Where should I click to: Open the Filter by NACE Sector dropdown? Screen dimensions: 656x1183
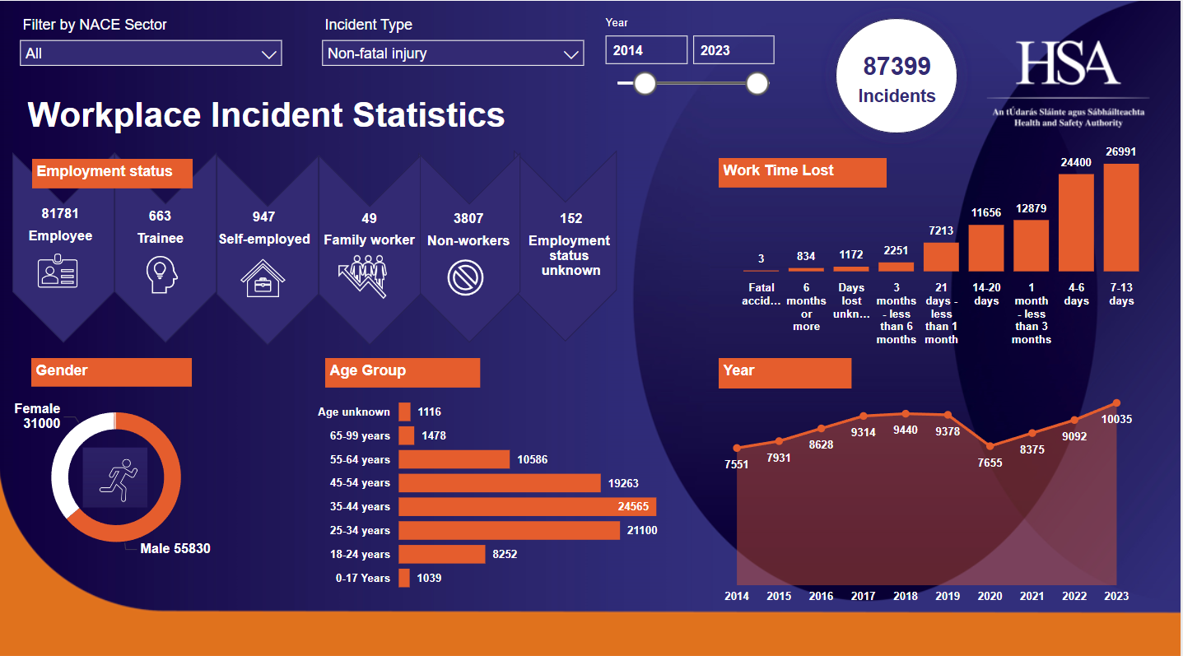[x=151, y=54]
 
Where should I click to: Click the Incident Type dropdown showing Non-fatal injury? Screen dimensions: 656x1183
[x=453, y=54]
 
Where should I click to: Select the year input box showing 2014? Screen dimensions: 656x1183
[x=646, y=50]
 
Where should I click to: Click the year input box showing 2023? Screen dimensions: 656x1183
[x=733, y=50]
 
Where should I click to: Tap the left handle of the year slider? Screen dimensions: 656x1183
[x=645, y=83]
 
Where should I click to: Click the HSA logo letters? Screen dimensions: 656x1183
[x=1068, y=63]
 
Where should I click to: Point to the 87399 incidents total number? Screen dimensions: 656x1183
[x=897, y=67]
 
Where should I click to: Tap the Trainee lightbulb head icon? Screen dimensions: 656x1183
[x=161, y=274]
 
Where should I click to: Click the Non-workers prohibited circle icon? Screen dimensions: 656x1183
[x=465, y=277]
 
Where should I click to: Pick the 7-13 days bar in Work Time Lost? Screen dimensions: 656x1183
[x=1121, y=218]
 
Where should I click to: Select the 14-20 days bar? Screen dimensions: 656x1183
[x=986, y=248]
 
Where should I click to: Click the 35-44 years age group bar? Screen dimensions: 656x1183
[x=527, y=507]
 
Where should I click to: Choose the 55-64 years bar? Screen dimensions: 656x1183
[x=454, y=459]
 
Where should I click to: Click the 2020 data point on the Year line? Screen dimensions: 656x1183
[x=990, y=445]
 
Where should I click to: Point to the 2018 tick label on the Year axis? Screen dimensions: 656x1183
[x=906, y=596]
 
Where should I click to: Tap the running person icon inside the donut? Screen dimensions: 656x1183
[x=115, y=477]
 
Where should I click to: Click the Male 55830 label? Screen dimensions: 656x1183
[x=175, y=548]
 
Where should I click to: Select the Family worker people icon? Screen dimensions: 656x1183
[x=363, y=275]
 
